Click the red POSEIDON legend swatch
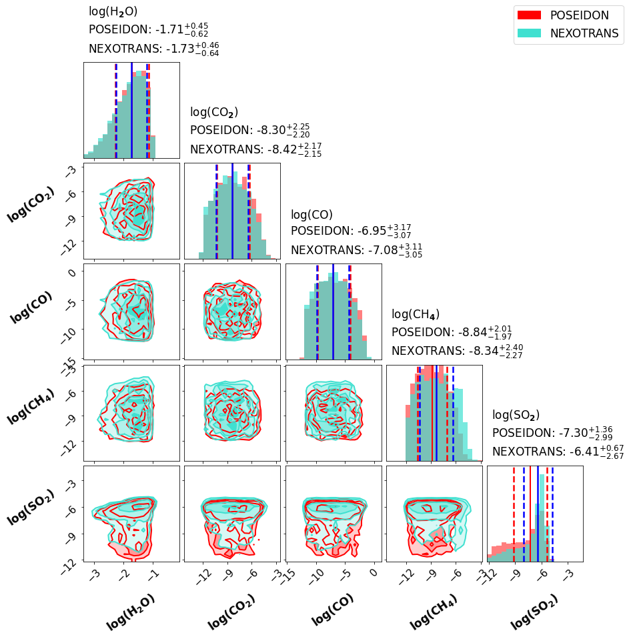point(529,15)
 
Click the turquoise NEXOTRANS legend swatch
point(529,33)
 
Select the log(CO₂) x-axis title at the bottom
point(231,612)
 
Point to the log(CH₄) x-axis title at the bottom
point(434,612)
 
